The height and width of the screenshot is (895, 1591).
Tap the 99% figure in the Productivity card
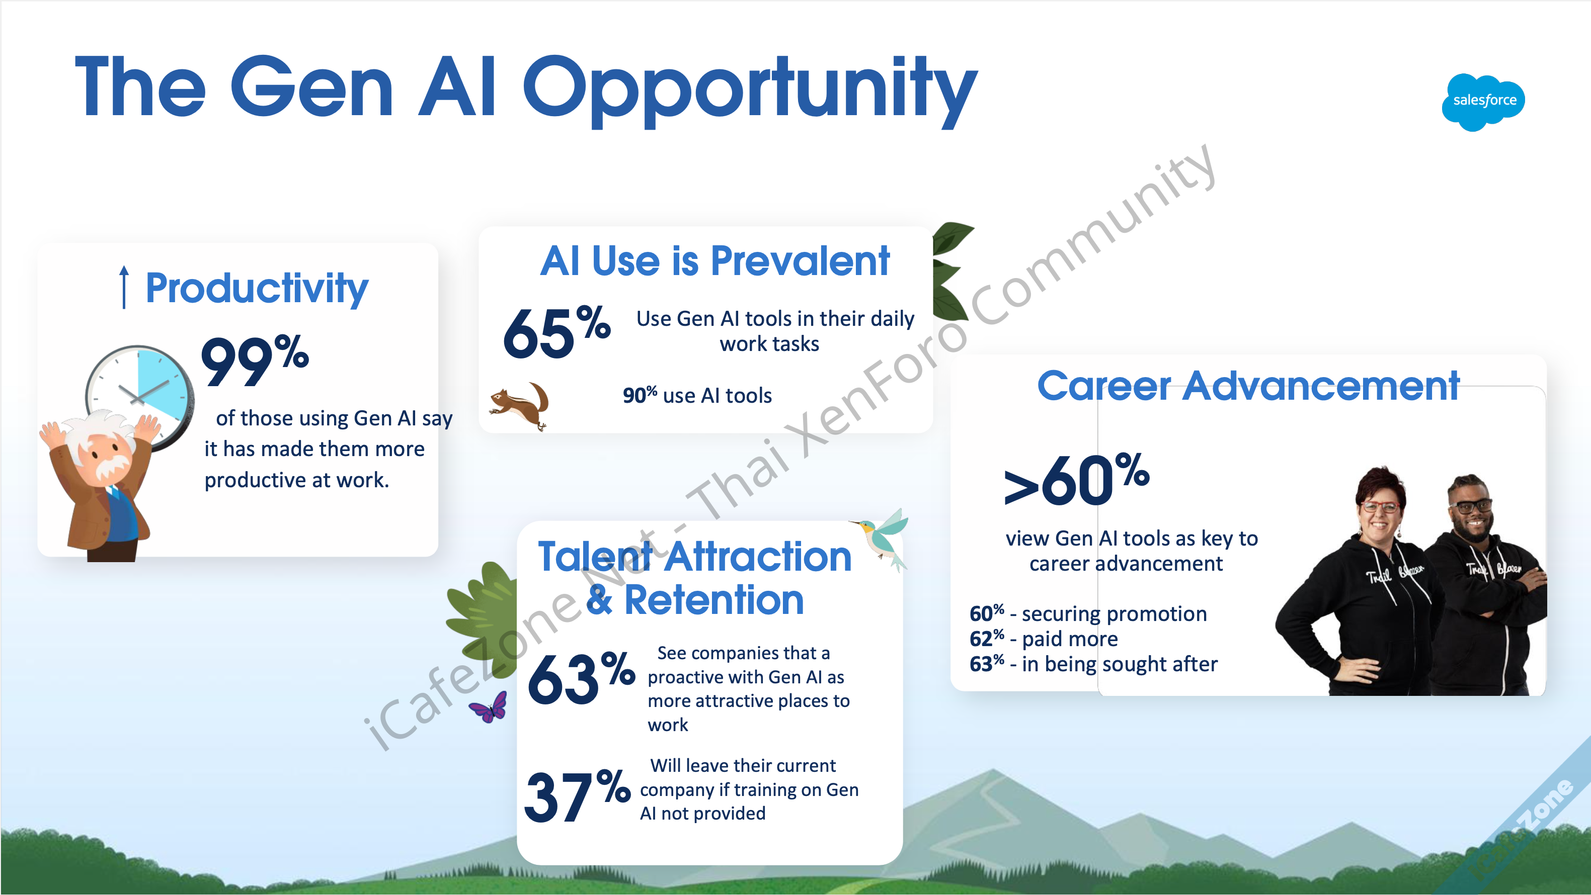(255, 361)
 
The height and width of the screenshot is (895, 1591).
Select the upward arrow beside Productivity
(124, 287)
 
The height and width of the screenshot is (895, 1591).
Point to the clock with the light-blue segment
(139, 395)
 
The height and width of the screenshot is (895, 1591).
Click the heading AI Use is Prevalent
(714, 260)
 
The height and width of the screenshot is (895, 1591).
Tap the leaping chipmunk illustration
(519, 405)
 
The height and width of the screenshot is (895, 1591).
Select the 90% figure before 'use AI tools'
(639, 395)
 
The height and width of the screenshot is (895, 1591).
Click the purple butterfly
(489, 707)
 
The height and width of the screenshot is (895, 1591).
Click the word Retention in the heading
(714, 600)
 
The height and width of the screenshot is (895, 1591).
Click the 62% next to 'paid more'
(986, 638)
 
